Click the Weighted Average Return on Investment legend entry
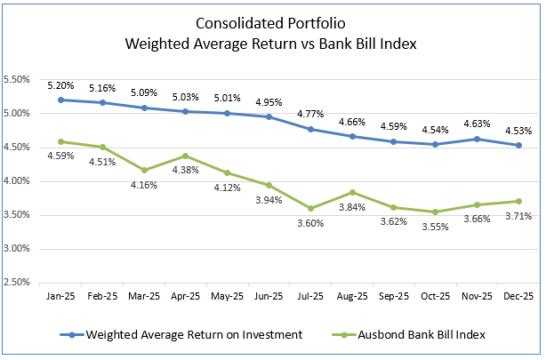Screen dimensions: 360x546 point(185,335)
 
